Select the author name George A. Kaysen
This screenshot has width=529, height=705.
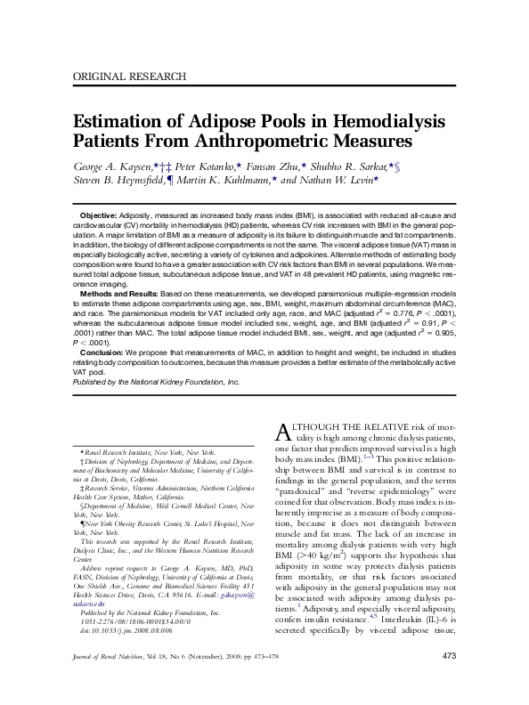[113, 166]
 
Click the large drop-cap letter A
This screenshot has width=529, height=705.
[278, 433]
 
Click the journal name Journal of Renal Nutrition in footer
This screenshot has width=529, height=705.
[111, 681]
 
